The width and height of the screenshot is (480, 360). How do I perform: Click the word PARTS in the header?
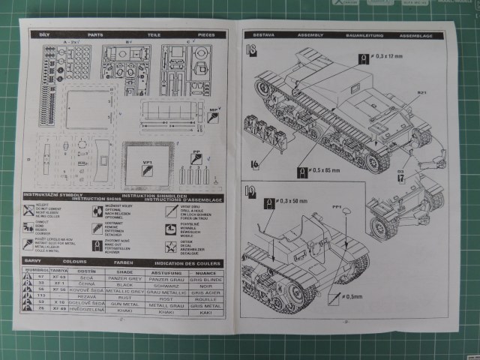click(95, 34)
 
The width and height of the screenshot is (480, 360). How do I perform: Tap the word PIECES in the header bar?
click(205, 34)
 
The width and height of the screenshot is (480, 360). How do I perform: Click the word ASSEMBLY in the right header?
click(310, 34)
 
